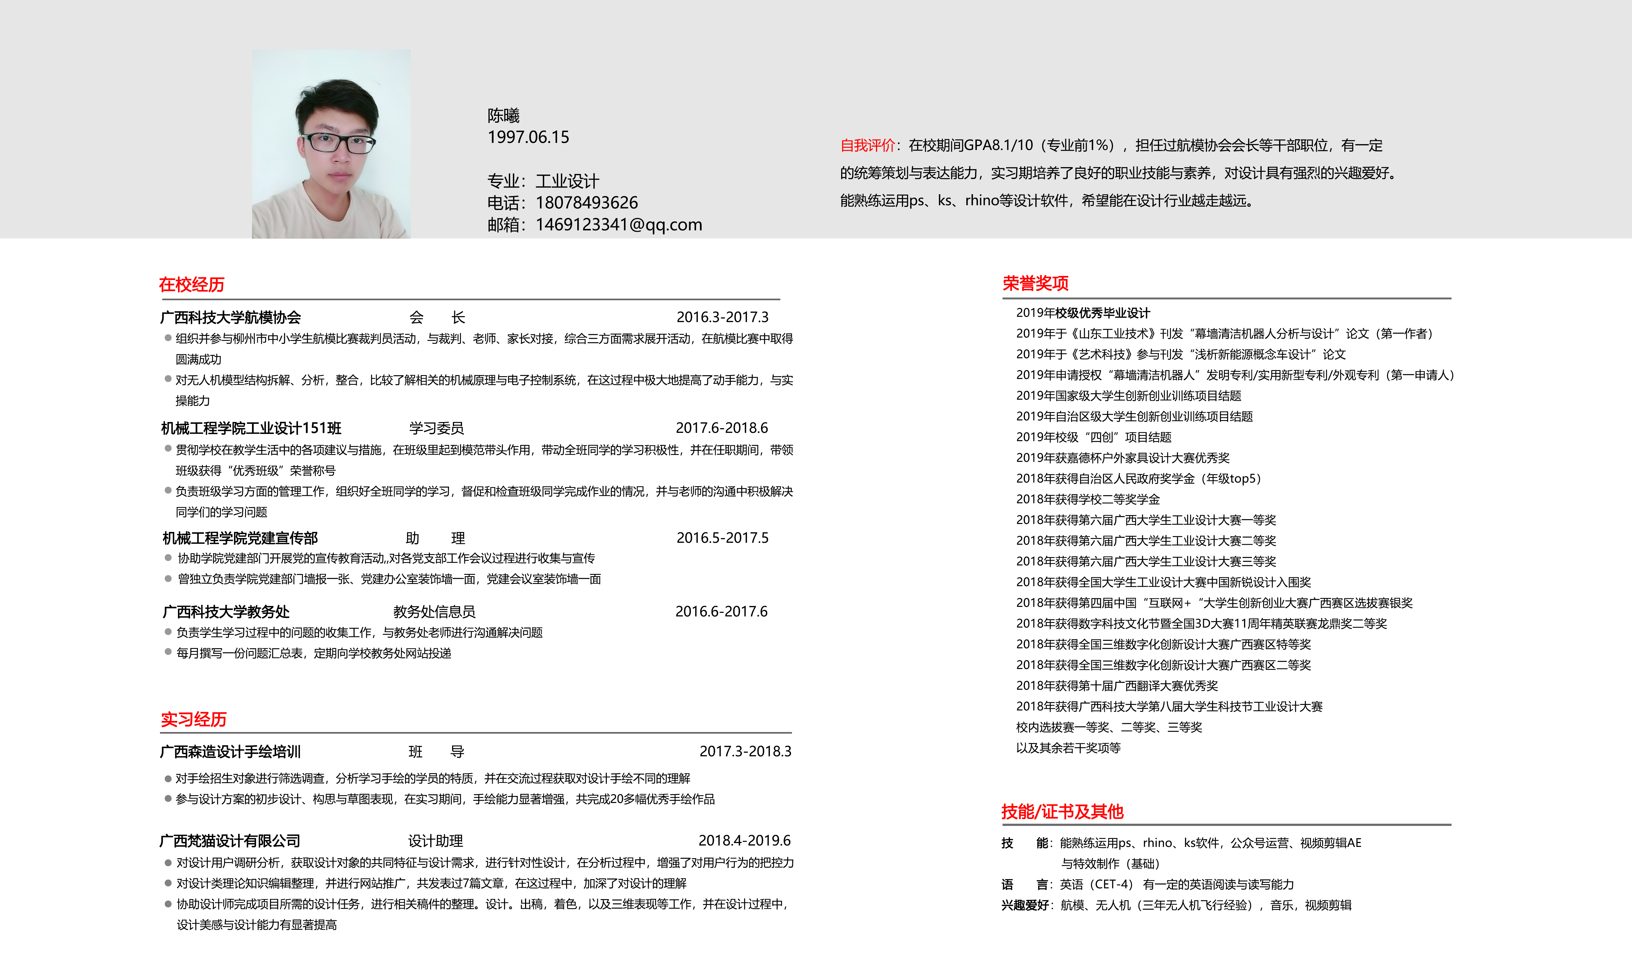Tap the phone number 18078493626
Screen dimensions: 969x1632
pos(586,203)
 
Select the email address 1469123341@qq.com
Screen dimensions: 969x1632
pos(618,225)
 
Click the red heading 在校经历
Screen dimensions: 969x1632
pos(191,285)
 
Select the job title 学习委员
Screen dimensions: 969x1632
pos(436,428)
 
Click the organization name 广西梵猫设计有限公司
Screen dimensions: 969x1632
pos(230,841)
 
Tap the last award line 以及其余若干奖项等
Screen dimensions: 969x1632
pos(1068,748)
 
